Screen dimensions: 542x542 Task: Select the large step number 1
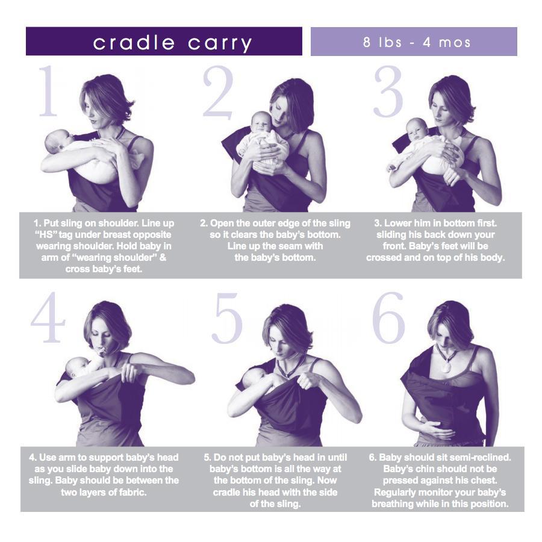click(x=48, y=91)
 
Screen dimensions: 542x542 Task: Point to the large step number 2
click(x=218, y=91)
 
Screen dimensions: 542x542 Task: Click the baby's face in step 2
click(x=262, y=124)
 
